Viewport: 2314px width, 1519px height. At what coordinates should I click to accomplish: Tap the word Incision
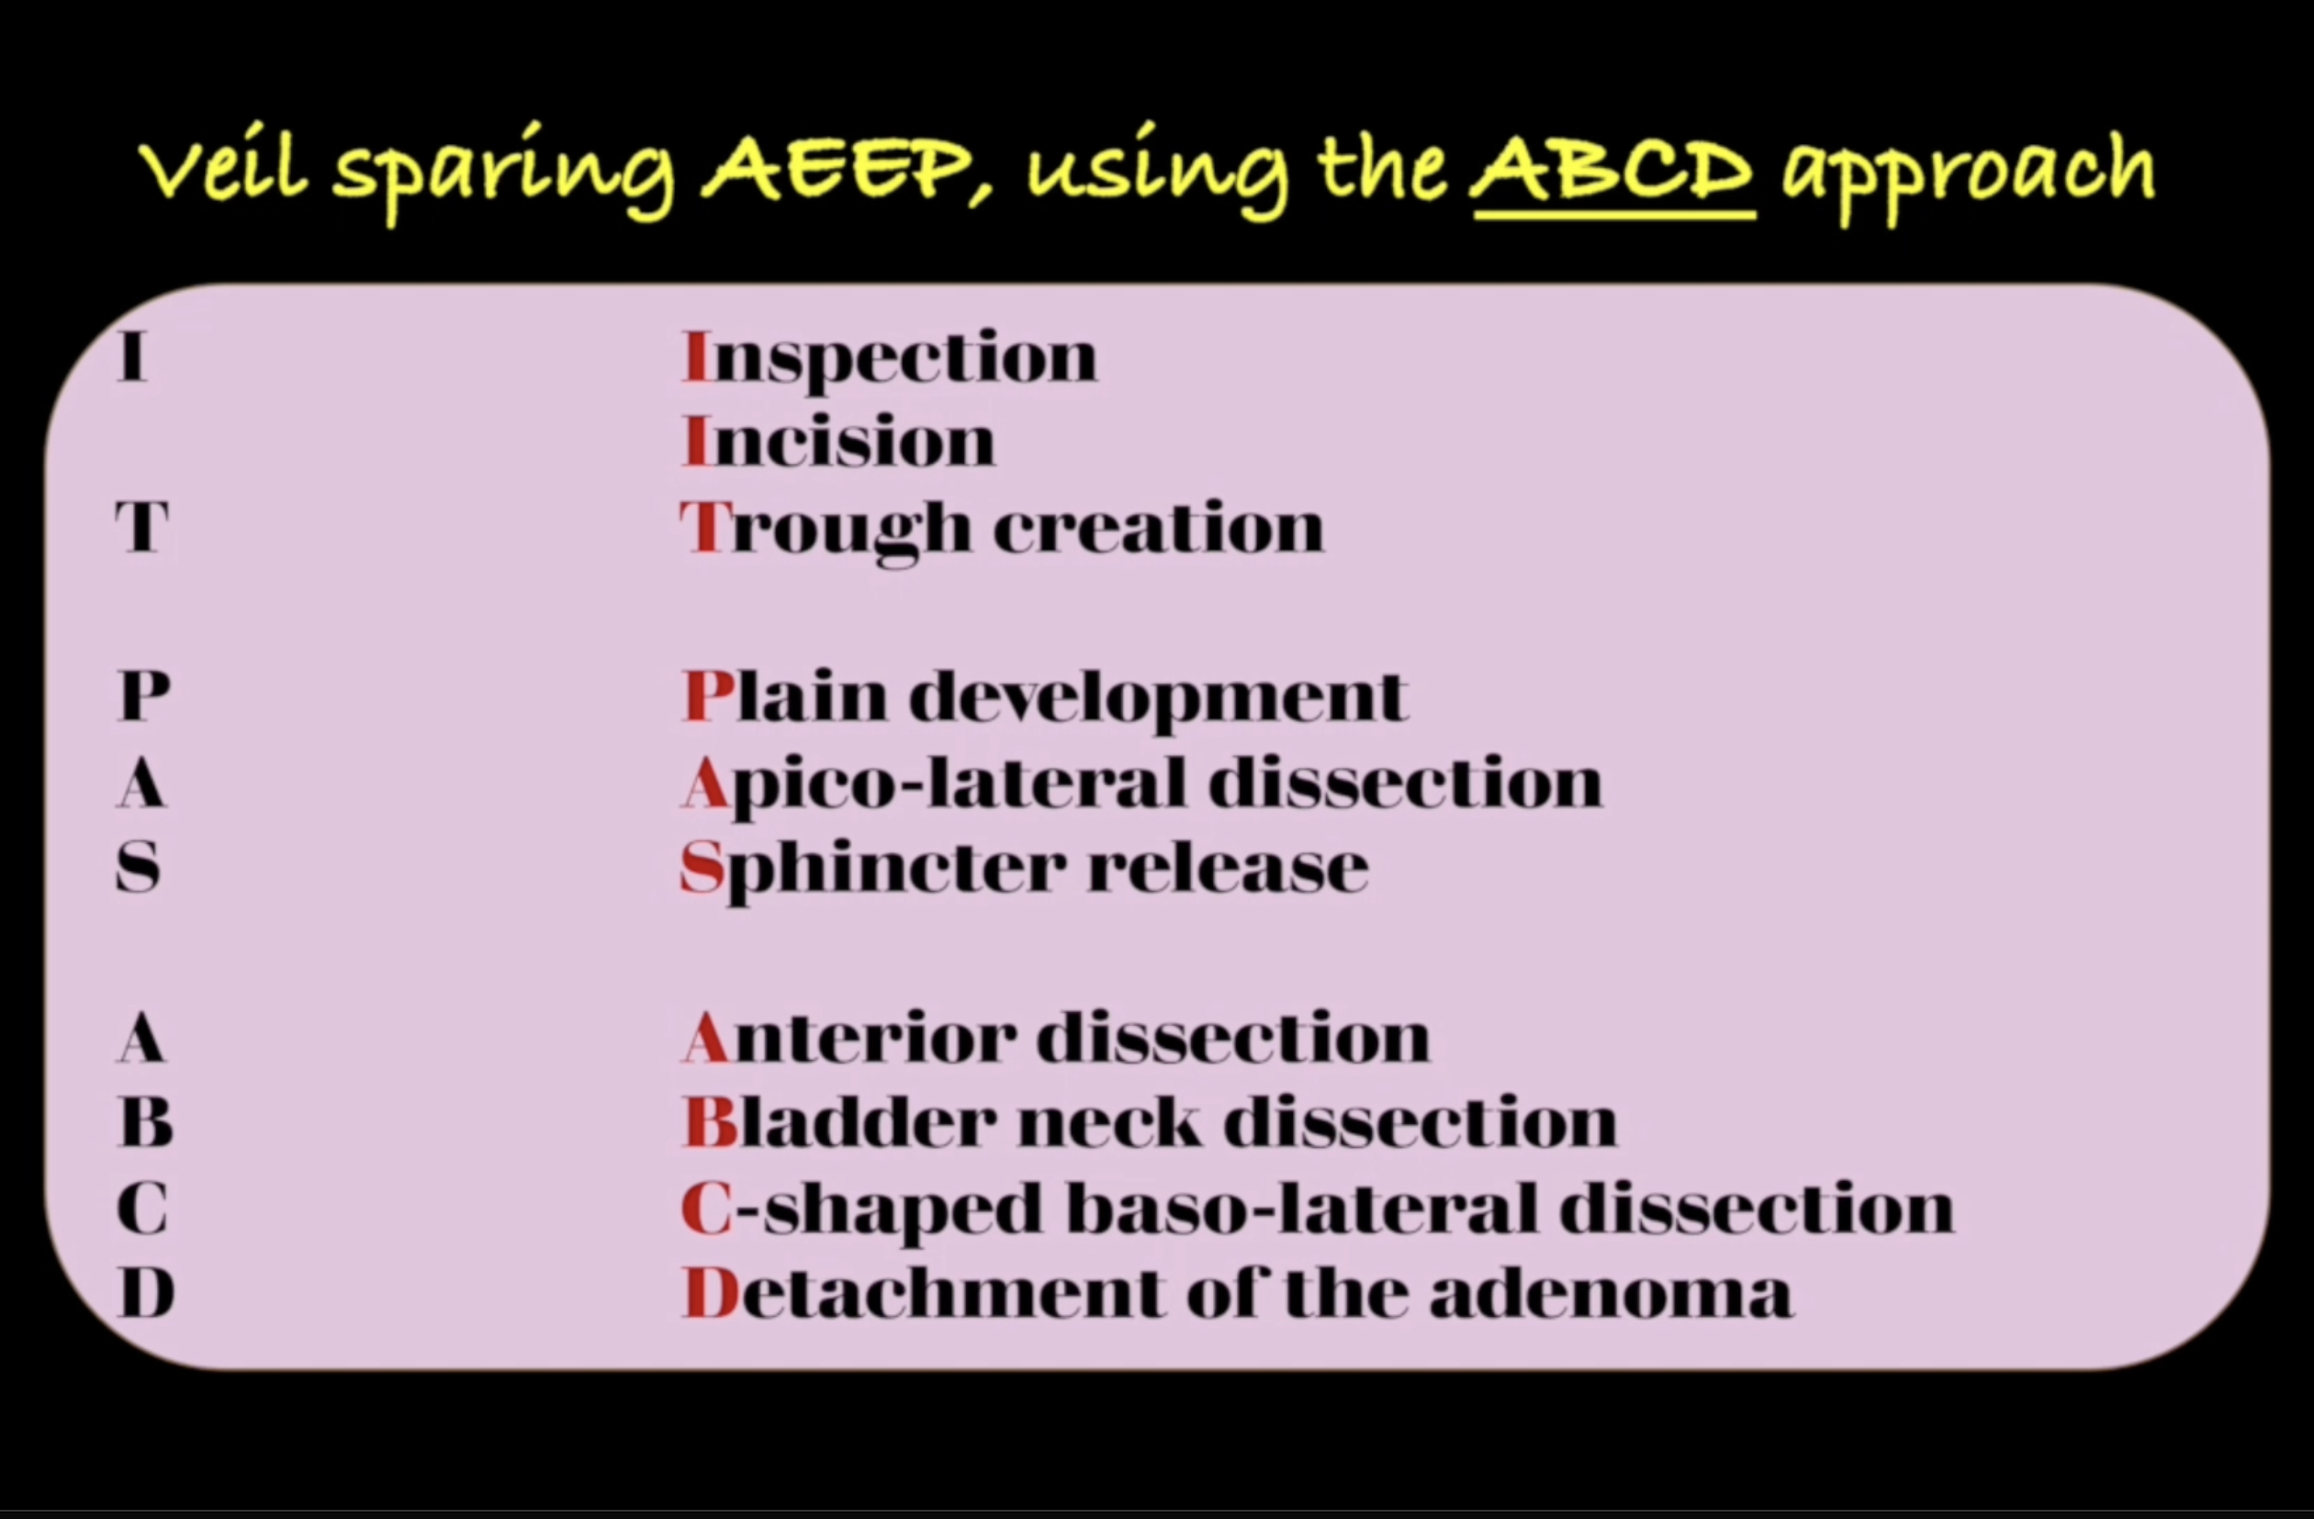pyautogui.click(x=839, y=442)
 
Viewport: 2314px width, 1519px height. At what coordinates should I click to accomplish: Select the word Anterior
pyautogui.click(x=848, y=1037)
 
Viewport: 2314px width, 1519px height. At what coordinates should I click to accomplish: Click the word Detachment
pyautogui.click(x=923, y=1292)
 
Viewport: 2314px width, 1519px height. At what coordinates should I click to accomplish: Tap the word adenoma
pyautogui.click(x=1611, y=1292)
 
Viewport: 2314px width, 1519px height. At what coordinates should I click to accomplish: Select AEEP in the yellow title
pyautogui.click(x=837, y=170)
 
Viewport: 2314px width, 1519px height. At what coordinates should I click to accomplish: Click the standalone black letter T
pyautogui.click(x=142, y=527)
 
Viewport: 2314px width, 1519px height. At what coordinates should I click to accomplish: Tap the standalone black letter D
pyautogui.click(x=146, y=1292)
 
